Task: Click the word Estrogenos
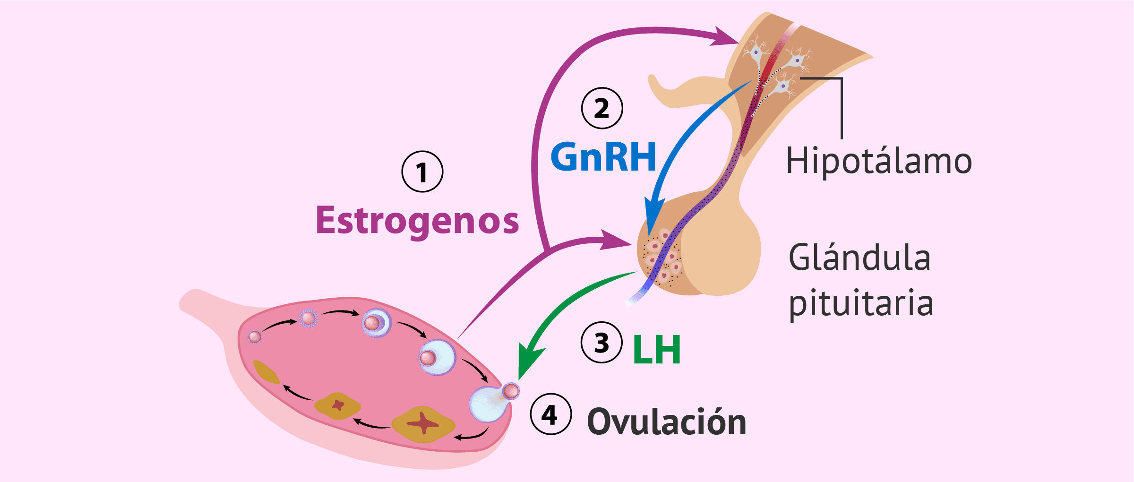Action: [x=417, y=221]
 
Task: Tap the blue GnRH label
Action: [x=603, y=157]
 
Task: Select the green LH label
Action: [x=657, y=350]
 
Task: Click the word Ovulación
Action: [x=666, y=422]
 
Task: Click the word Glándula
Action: [x=859, y=258]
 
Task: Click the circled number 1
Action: [x=422, y=172]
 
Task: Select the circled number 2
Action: [x=602, y=108]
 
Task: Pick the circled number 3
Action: [x=601, y=343]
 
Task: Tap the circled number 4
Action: [x=550, y=414]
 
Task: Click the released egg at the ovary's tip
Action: [x=511, y=391]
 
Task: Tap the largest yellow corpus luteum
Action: [x=423, y=424]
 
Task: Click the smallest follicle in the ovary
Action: [x=255, y=336]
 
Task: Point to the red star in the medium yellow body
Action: [x=338, y=405]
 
